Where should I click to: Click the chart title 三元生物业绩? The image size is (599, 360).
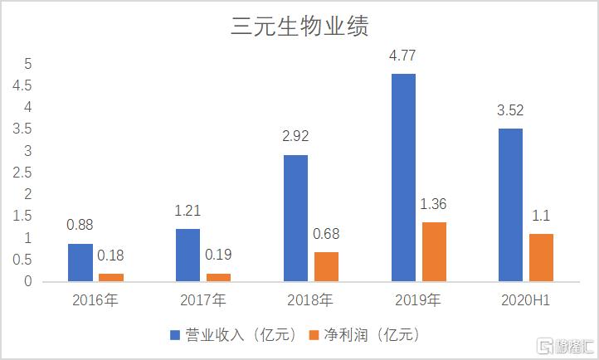point(299,27)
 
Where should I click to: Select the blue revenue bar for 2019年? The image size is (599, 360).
point(403,178)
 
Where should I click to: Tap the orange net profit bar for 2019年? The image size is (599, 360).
point(434,252)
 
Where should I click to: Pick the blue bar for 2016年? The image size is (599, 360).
point(80,262)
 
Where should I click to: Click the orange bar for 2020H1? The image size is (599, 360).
point(542,257)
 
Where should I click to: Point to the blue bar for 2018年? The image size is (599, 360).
point(295,218)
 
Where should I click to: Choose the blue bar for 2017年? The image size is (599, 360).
point(188,255)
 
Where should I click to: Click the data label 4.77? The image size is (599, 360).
point(404,59)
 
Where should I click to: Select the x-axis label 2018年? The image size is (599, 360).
point(310,299)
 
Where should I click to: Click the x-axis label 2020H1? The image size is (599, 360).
point(526,299)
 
